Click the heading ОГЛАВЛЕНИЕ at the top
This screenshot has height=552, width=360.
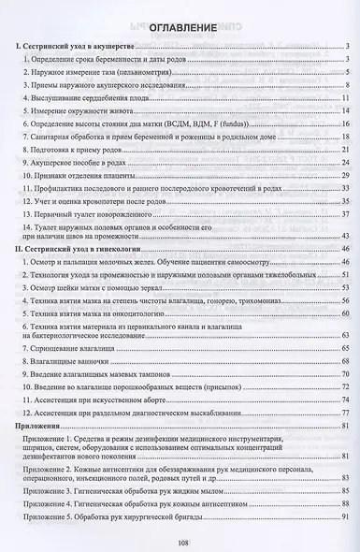click(180, 28)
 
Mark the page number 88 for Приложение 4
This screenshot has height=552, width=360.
click(345, 503)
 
